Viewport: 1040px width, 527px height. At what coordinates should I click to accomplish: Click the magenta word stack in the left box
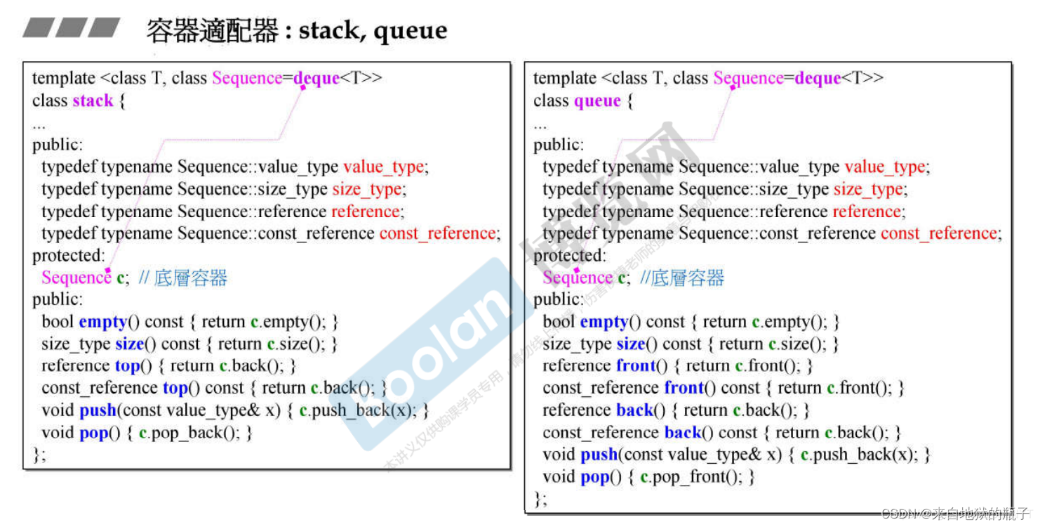[93, 100]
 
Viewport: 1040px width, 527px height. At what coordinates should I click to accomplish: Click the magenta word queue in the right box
[597, 101]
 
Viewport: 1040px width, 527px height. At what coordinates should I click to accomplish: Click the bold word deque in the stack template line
[316, 78]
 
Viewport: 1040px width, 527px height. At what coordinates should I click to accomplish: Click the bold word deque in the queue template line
[818, 78]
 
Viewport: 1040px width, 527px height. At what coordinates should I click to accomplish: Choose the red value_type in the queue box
[886, 167]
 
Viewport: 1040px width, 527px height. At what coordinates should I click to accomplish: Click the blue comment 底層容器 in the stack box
[190, 278]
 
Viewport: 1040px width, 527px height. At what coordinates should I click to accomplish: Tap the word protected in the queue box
[569, 256]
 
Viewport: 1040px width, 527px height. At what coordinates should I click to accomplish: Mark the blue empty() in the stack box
[109, 322]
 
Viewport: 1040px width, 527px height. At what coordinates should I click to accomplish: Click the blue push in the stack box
[98, 410]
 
